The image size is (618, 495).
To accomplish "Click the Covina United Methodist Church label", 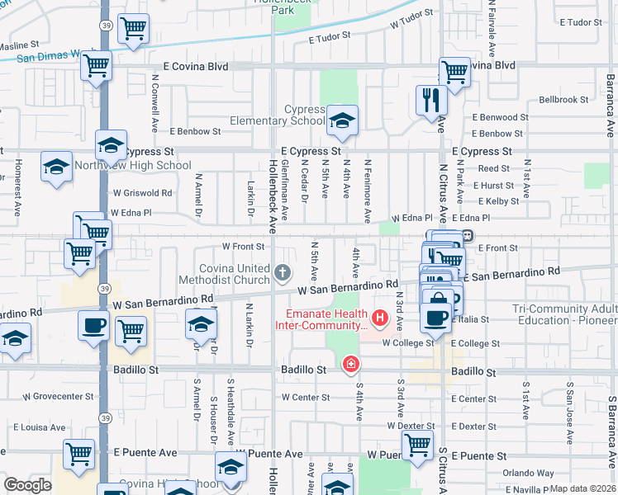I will click(x=235, y=274).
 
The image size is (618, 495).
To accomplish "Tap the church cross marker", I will click(x=283, y=272).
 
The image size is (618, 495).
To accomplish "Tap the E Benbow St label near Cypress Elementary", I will click(x=196, y=131).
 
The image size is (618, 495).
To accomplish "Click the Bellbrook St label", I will click(x=563, y=100).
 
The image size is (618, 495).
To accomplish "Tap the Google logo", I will click(x=27, y=485).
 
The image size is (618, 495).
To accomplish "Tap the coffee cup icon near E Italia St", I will click(x=436, y=317).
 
